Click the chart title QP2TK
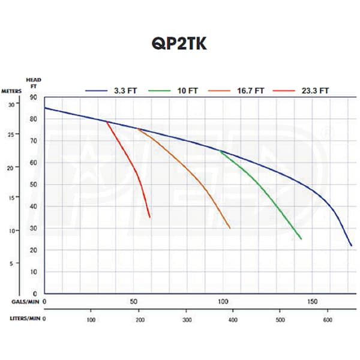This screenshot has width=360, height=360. pyautogui.click(x=180, y=46)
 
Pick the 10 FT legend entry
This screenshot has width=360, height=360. pyautogui.click(x=193, y=91)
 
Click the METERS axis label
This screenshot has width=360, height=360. pyautogui.click(x=13, y=91)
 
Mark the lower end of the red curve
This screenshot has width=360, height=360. pyautogui.click(x=149, y=217)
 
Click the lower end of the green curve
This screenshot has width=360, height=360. pyautogui.click(x=301, y=239)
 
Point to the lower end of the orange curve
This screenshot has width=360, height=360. pyautogui.click(x=230, y=228)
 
